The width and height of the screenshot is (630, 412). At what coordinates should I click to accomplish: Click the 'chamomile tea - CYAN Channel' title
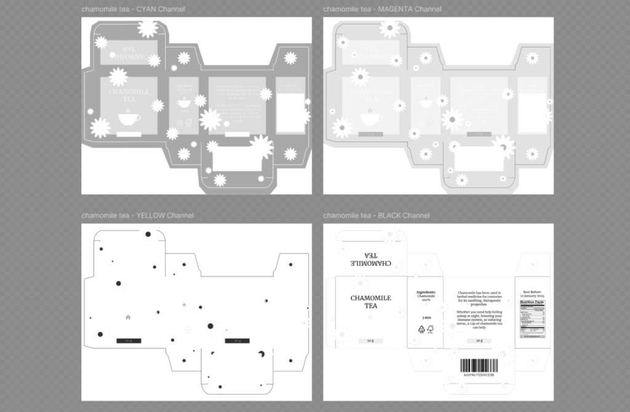[x=133, y=9]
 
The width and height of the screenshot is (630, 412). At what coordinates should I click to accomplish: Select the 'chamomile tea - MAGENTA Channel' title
[x=382, y=9]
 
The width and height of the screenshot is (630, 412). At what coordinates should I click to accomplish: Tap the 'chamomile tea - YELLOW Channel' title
[x=137, y=216]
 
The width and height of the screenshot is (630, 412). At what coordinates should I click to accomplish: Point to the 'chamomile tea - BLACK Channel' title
[x=376, y=216]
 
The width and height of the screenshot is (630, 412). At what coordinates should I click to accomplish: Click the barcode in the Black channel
[x=477, y=365]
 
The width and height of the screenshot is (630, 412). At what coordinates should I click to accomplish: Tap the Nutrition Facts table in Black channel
[x=532, y=319]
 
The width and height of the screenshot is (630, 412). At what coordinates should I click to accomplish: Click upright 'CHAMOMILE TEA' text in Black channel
[x=370, y=302]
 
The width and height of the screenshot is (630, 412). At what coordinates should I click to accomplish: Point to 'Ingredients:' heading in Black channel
[x=426, y=292]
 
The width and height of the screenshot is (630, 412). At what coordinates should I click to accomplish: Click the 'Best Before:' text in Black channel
[x=533, y=292]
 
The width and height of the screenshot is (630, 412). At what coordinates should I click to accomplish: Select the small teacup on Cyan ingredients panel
[x=183, y=103]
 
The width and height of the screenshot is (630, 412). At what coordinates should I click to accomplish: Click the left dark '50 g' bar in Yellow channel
[x=129, y=341]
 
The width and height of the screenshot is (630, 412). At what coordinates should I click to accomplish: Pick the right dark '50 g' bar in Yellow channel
[x=237, y=341]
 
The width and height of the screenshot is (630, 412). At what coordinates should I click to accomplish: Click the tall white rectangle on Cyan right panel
[x=290, y=112]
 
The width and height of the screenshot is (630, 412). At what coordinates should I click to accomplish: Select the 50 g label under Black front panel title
[x=370, y=341]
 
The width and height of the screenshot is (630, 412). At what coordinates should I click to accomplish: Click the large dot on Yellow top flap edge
[x=148, y=234]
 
